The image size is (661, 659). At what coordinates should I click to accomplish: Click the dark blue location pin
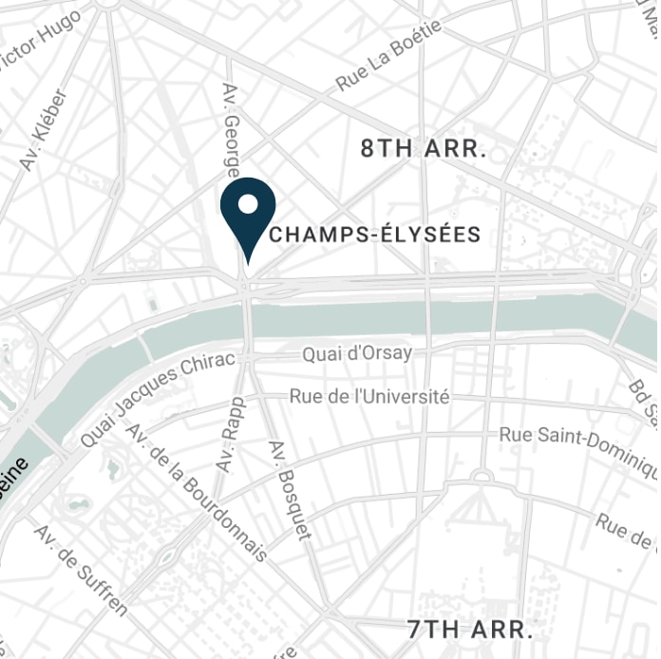click(x=248, y=210)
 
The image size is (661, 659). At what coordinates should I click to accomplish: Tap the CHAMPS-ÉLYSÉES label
click(x=375, y=235)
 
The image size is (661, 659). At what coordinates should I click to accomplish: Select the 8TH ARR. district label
click(x=424, y=149)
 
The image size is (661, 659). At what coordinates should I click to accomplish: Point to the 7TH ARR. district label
click(x=470, y=629)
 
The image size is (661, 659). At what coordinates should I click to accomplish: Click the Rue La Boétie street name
click(x=388, y=56)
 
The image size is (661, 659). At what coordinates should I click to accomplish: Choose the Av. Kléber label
click(x=44, y=131)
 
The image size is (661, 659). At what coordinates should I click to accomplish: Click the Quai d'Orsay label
click(x=357, y=353)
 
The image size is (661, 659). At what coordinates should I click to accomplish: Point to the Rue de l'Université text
click(x=368, y=397)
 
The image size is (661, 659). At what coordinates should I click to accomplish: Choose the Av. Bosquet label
click(x=291, y=490)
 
